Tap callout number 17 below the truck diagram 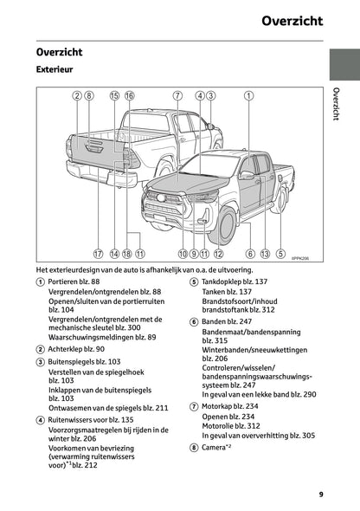click(x=98, y=254)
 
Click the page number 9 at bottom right click(x=320, y=495)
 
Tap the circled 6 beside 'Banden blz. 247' click(x=194, y=321)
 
